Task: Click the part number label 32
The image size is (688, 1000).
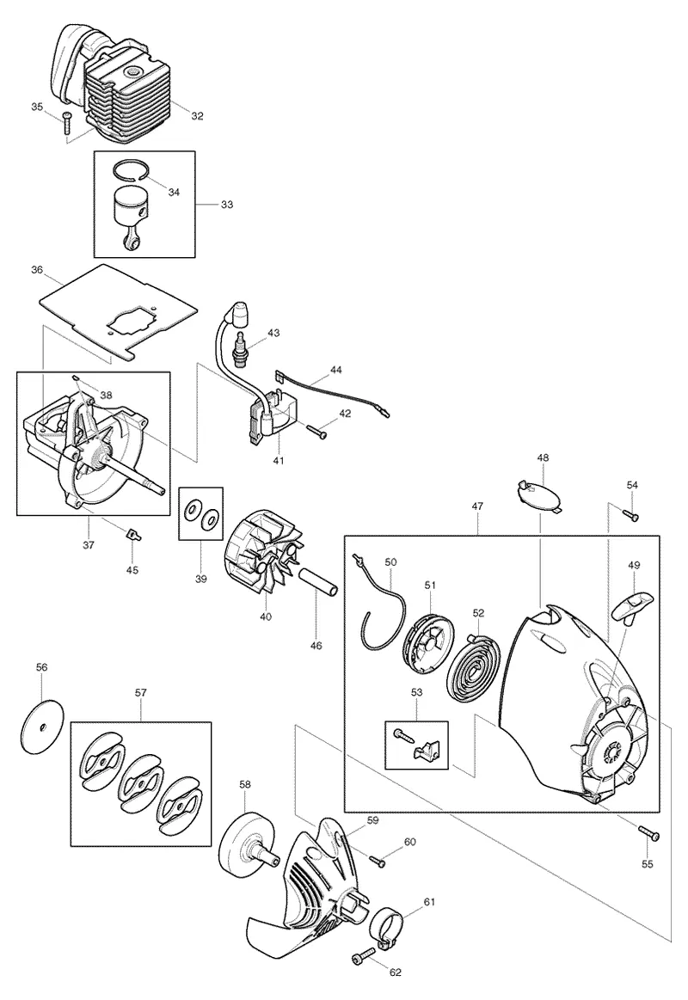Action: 197,116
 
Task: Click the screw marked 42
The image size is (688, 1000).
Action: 316,432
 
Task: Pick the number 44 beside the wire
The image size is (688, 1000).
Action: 336,370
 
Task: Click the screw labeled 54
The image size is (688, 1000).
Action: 630,513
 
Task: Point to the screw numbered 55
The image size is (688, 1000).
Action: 648,832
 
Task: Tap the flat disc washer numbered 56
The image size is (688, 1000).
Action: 43,727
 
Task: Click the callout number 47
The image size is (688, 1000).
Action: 477,506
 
